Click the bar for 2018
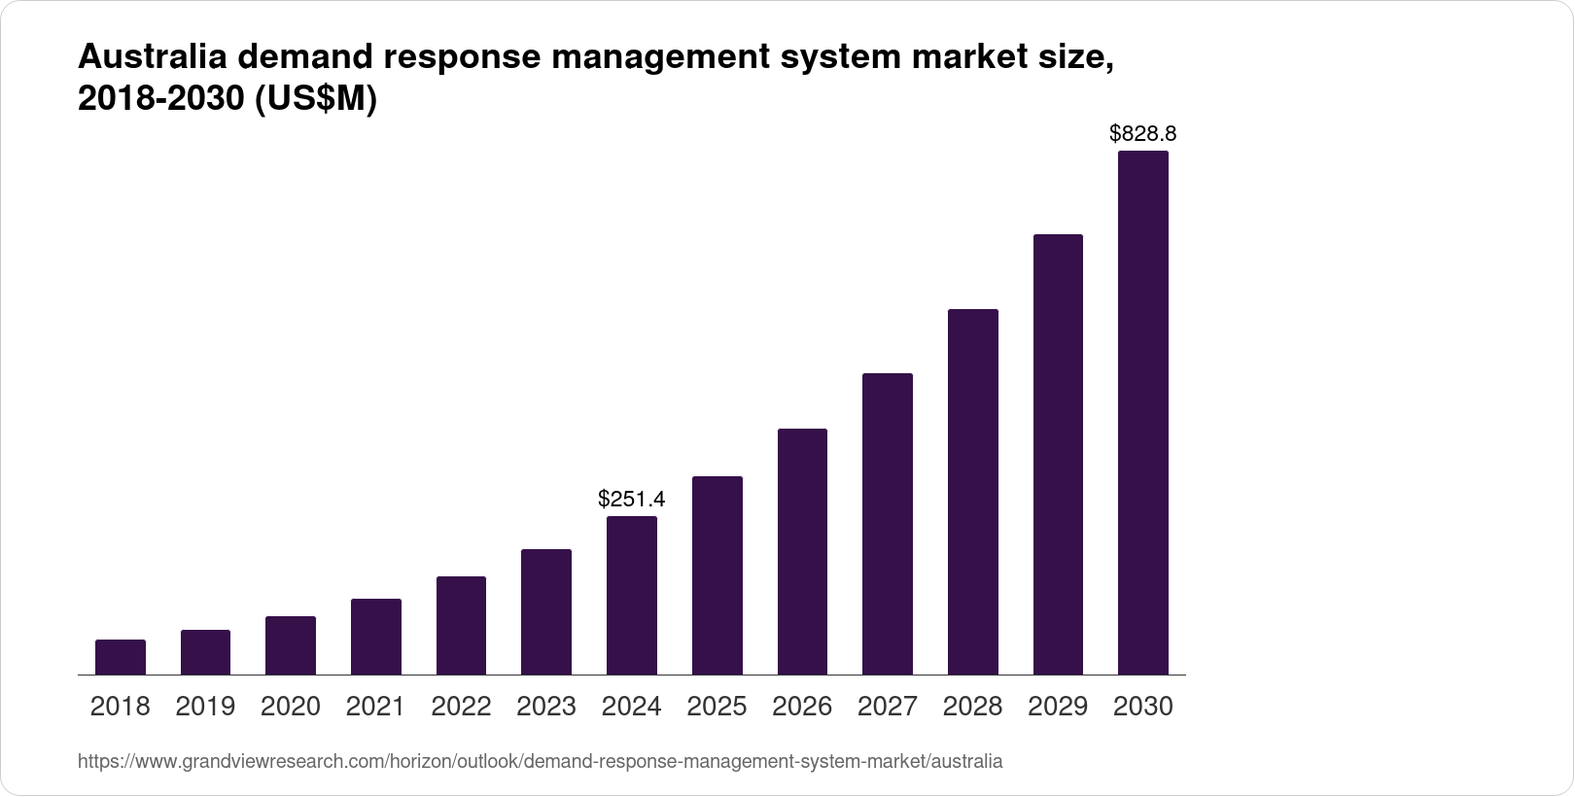[x=121, y=657]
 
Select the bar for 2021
[x=376, y=637]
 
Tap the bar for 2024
[x=632, y=595]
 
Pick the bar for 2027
[x=887, y=524]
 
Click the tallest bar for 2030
[x=1142, y=413]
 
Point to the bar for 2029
[x=1058, y=455]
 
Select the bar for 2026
[x=802, y=551]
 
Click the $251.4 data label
[x=632, y=500]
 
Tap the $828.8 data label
[x=1142, y=134]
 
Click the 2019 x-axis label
[x=205, y=707]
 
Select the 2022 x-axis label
[x=461, y=707]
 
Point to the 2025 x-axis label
[x=717, y=707]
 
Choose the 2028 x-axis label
[x=972, y=707]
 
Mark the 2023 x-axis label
[x=546, y=707]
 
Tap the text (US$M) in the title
[x=315, y=100]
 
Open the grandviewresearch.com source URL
[x=540, y=762]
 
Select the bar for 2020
[x=291, y=645]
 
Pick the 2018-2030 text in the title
[x=160, y=100]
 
